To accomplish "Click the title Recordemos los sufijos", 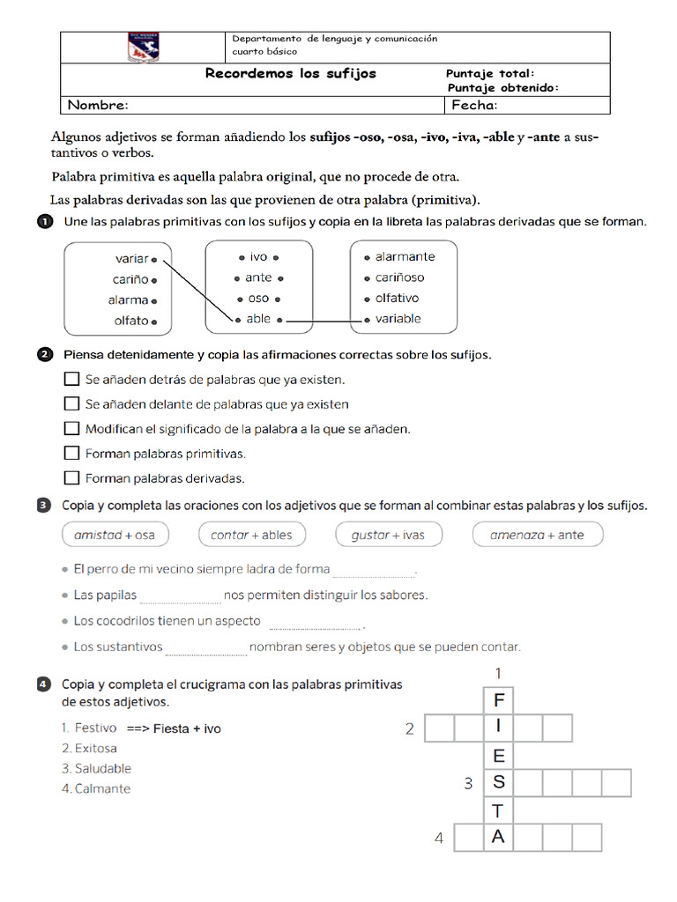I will coord(290,74).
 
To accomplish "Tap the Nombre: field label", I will coord(98,106).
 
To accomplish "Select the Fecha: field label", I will coord(474,106).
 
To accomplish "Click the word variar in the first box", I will coord(131,258).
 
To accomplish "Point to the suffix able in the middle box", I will coord(258,319).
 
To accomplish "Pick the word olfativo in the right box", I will coord(397,299).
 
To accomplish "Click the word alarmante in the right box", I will coord(405,257).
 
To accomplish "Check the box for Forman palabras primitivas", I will coord(72,454).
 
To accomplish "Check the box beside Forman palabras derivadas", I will coord(72,478).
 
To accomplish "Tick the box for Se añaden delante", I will coord(72,404).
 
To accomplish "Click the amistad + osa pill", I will coord(115,535).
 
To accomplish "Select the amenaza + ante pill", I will coord(537,535).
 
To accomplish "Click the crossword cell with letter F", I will coord(498,701).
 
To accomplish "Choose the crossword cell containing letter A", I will coord(498,838).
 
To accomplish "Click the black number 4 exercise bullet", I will coord(44,684).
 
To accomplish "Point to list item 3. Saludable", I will coord(96,769).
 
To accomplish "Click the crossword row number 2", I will coord(409,728).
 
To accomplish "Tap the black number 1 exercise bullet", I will coord(45,222).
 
